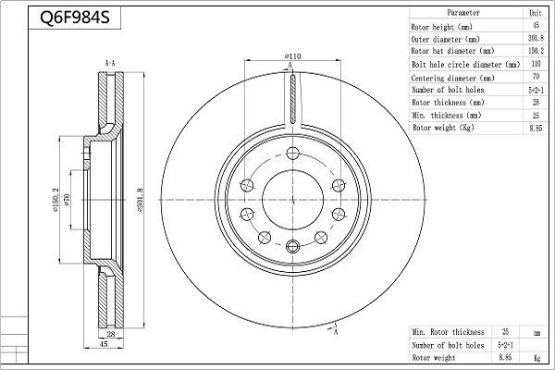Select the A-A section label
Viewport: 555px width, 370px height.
point(110,63)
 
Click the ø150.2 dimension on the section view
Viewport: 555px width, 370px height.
point(57,197)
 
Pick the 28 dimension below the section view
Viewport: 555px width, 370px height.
point(110,333)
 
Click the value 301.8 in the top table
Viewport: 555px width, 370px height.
point(535,40)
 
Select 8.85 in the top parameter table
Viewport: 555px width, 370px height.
point(535,128)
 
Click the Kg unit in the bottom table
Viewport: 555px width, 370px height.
point(536,355)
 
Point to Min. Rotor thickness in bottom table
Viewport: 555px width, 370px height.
point(449,331)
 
